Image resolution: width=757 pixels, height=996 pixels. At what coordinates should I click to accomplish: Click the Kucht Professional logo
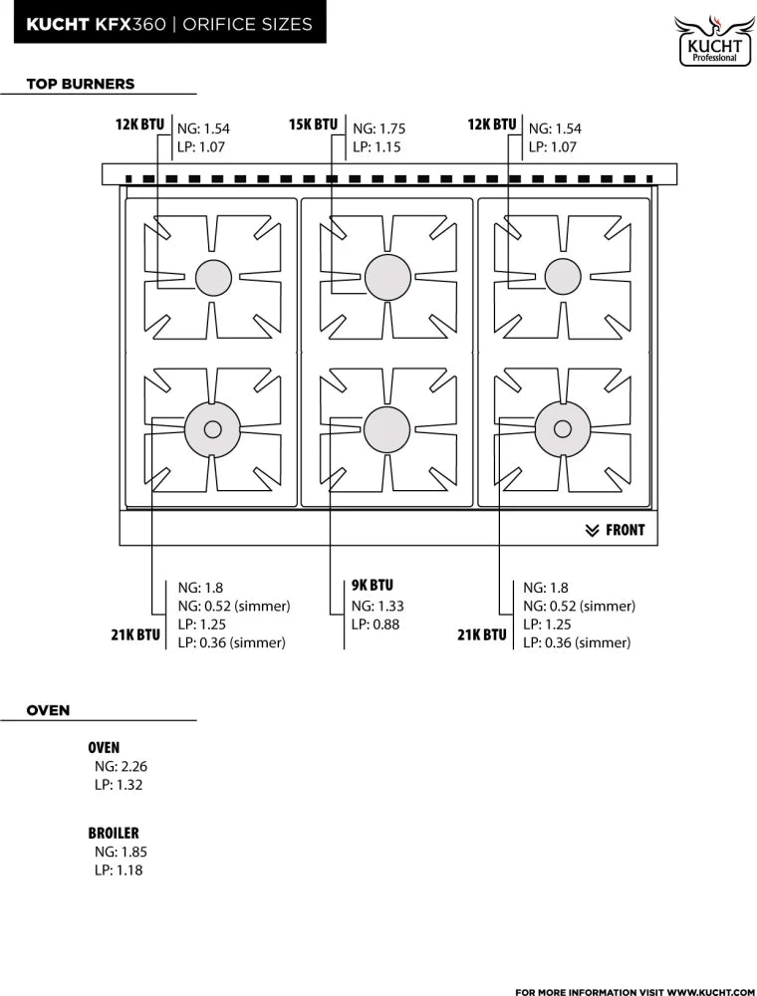714,41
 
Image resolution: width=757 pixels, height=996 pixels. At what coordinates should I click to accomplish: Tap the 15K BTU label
313,124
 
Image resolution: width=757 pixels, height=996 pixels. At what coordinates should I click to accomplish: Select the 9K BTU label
373,585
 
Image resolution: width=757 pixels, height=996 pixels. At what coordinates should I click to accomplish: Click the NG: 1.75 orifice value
379,128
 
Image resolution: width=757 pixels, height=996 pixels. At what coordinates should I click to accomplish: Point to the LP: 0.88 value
376,624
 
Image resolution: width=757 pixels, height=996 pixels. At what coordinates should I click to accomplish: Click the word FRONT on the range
625,530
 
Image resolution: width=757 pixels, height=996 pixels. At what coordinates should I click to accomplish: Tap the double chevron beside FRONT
592,531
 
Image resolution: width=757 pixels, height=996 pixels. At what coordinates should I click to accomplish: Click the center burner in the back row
388,277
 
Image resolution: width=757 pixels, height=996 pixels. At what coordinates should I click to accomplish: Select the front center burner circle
387,428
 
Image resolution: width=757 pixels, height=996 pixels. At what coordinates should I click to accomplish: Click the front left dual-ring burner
213,429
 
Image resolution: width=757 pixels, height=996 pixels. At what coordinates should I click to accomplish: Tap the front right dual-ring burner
563,429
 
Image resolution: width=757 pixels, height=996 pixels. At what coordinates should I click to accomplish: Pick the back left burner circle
213,278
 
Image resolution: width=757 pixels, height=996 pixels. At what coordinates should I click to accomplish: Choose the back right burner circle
563,277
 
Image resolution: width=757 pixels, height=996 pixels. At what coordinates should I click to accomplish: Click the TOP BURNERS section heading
81,84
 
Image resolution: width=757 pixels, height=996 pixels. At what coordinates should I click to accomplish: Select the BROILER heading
113,833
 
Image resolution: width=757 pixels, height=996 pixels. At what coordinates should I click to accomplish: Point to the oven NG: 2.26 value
121,766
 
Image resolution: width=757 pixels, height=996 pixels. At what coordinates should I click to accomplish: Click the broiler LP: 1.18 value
119,870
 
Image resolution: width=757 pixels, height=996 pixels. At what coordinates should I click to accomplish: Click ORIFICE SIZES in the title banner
248,24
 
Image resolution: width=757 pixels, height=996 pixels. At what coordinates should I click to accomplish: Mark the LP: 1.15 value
377,146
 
